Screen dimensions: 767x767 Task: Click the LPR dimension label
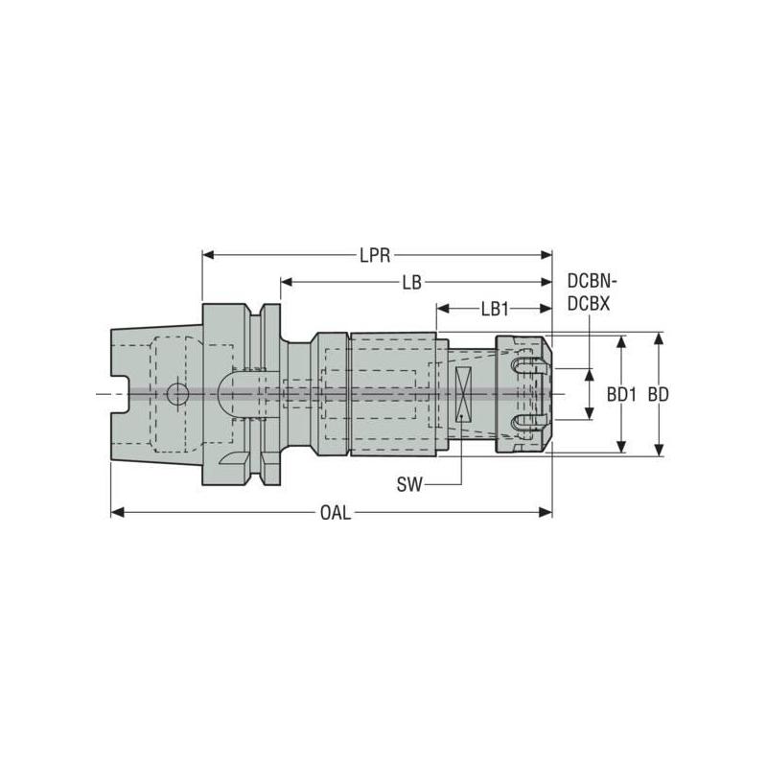(376, 255)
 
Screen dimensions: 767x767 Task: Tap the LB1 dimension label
(494, 309)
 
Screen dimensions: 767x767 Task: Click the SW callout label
(409, 485)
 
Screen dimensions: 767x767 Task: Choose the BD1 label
(622, 394)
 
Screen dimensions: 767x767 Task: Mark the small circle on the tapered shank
(175, 393)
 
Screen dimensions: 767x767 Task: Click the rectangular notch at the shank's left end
(119, 394)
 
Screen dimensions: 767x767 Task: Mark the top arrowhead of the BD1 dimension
(622, 340)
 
